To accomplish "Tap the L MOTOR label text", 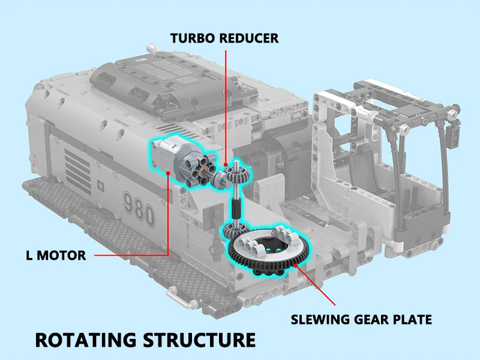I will pyautogui.click(x=56, y=256).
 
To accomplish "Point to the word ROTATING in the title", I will pyautogui.click(x=85, y=339).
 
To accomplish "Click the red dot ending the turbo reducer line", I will pyautogui.click(x=224, y=164).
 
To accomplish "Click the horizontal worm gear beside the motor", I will pyautogui.click(x=219, y=175).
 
